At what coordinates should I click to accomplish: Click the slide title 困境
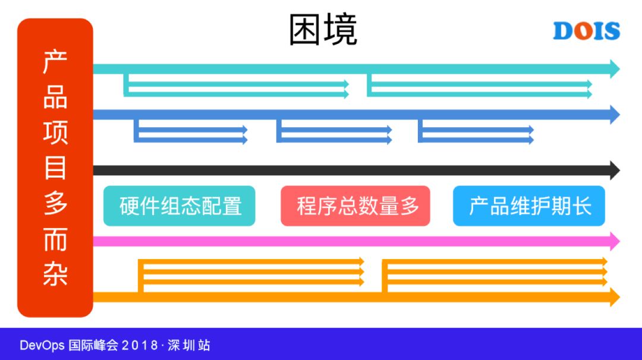[x=323, y=30]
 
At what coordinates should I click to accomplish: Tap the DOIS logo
[x=586, y=31]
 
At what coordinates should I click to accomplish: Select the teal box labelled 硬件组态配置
[x=180, y=206]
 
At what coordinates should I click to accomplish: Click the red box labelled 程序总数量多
[x=355, y=206]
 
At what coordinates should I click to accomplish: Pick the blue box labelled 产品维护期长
[x=529, y=206]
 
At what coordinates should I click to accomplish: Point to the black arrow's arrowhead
[x=614, y=170]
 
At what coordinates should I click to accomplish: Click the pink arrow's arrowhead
[x=614, y=241]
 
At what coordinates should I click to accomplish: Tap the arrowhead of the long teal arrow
[x=614, y=69]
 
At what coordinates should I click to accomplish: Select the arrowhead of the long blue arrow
[x=614, y=113]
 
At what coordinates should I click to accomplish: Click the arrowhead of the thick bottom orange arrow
[x=614, y=296]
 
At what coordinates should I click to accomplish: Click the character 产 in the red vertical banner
[x=55, y=62]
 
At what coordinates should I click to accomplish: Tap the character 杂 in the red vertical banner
[x=55, y=274]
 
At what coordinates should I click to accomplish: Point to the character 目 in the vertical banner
[x=55, y=168]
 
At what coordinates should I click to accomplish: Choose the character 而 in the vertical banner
[x=55, y=239]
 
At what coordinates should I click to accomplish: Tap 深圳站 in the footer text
[x=188, y=345]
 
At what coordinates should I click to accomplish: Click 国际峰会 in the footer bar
[x=94, y=345]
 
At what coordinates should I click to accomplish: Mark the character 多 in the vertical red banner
[x=55, y=204]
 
